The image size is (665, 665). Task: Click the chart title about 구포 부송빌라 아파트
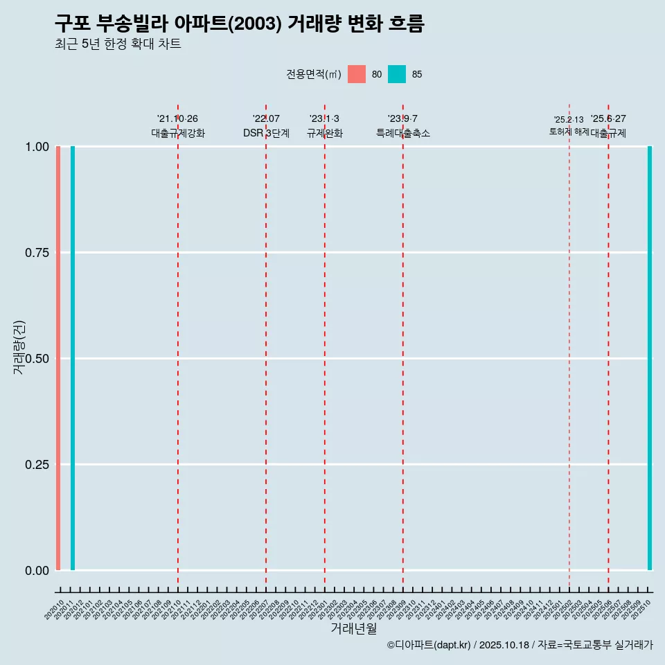239,24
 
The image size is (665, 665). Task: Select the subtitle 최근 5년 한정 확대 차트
118,44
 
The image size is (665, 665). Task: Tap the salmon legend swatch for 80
357,74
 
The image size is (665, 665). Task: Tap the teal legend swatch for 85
397,74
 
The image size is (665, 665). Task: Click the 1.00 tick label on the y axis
37,147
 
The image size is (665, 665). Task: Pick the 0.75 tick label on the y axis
37,253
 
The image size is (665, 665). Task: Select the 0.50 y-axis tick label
37,359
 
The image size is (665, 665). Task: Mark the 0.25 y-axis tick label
37,465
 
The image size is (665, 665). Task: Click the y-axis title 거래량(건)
19,347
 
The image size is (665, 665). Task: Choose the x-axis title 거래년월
353,628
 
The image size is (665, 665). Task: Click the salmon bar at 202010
58,358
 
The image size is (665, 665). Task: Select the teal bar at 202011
73,358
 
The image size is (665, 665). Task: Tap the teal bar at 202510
650,358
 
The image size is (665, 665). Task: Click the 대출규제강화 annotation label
178,133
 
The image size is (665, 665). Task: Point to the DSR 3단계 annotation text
266,133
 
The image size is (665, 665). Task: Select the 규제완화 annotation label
325,133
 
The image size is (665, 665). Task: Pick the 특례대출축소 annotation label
403,133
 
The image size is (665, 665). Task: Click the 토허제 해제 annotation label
569,131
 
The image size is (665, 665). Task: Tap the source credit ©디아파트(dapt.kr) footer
520,645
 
